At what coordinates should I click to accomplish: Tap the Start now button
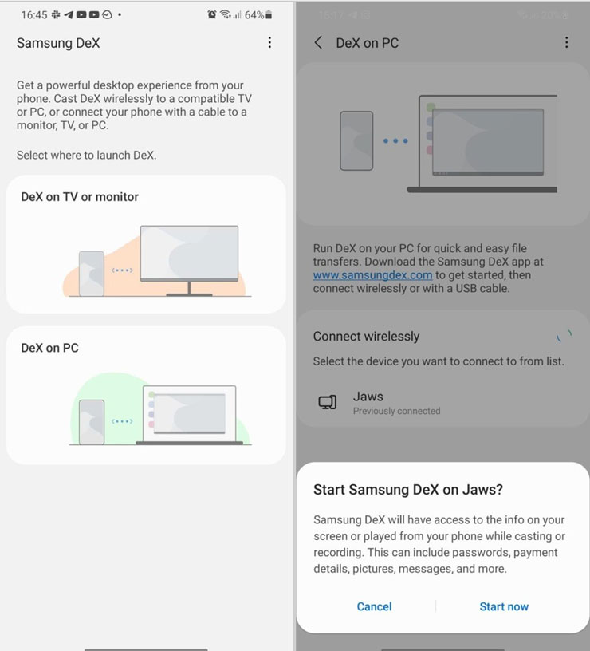tap(504, 606)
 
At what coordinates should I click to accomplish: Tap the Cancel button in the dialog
tap(374, 606)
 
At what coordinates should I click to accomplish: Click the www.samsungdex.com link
tap(372, 274)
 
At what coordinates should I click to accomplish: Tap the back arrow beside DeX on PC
tap(319, 43)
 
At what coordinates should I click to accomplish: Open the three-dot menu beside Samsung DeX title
tap(269, 43)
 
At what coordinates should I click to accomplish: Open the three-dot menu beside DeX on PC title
tap(566, 43)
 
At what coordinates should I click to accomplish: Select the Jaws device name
tap(368, 397)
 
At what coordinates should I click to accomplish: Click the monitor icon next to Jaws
tap(328, 402)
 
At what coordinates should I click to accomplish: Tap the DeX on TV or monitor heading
tap(80, 197)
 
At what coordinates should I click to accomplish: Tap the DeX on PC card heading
tap(49, 348)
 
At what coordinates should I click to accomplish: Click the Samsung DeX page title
tap(58, 43)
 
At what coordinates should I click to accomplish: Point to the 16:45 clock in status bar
tap(34, 15)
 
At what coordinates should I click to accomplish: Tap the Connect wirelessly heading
tap(366, 337)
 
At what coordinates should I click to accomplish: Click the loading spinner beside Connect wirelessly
tap(564, 336)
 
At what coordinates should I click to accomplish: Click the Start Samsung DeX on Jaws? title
tap(408, 490)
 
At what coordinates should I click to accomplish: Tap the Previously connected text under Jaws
tap(396, 412)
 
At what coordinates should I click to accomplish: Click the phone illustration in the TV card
tap(92, 273)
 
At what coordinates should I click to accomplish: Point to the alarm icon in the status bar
tap(211, 15)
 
